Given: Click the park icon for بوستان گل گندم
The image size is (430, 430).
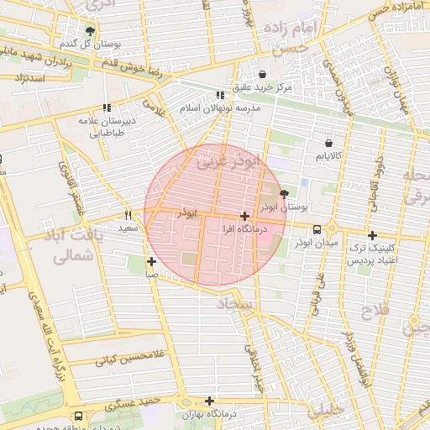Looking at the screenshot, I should pyautogui.click(x=91, y=30).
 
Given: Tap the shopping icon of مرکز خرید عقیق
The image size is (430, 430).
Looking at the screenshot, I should pyautogui.click(x=263, y=74).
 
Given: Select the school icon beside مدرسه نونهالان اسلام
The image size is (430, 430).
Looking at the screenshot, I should pyautogui.click(x=220, y=96).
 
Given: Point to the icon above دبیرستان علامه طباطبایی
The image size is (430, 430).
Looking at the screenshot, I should pyautogui.click(x=107, y=107).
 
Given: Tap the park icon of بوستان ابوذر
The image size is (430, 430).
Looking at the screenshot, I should pyautogui.click(x=282, y=193).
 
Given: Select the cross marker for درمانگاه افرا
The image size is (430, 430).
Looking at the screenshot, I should pyautogui.click(x=244, y=216).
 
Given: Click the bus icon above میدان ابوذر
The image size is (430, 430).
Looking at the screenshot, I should pyautogui.click(x=317, y=229).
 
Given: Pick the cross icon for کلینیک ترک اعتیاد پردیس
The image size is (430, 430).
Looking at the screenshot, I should pyautogui.click(x=372, y=236).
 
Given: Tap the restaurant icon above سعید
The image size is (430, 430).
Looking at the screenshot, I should pyautogui.click(x=128, y=214).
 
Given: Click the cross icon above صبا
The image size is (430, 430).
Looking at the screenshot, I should pyautogui.click(x=151, y=261).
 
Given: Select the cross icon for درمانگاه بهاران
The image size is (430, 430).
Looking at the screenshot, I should pyautogui.click(x=209, y=401).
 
